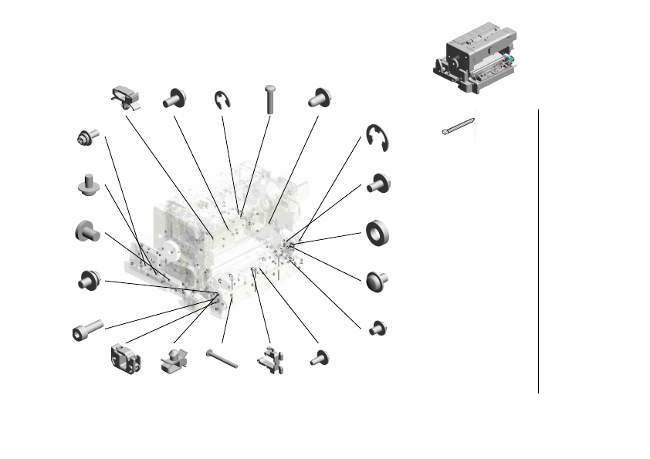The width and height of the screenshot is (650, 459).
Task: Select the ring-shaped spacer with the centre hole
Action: click(377, 232)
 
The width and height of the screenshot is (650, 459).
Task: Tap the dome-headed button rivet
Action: click(377, 279)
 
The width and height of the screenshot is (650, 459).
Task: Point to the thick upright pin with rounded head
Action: click(270, 99)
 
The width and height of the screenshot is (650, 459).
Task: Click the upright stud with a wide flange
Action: click(88, 184)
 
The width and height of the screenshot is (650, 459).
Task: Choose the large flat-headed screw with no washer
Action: click(87, 230)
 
